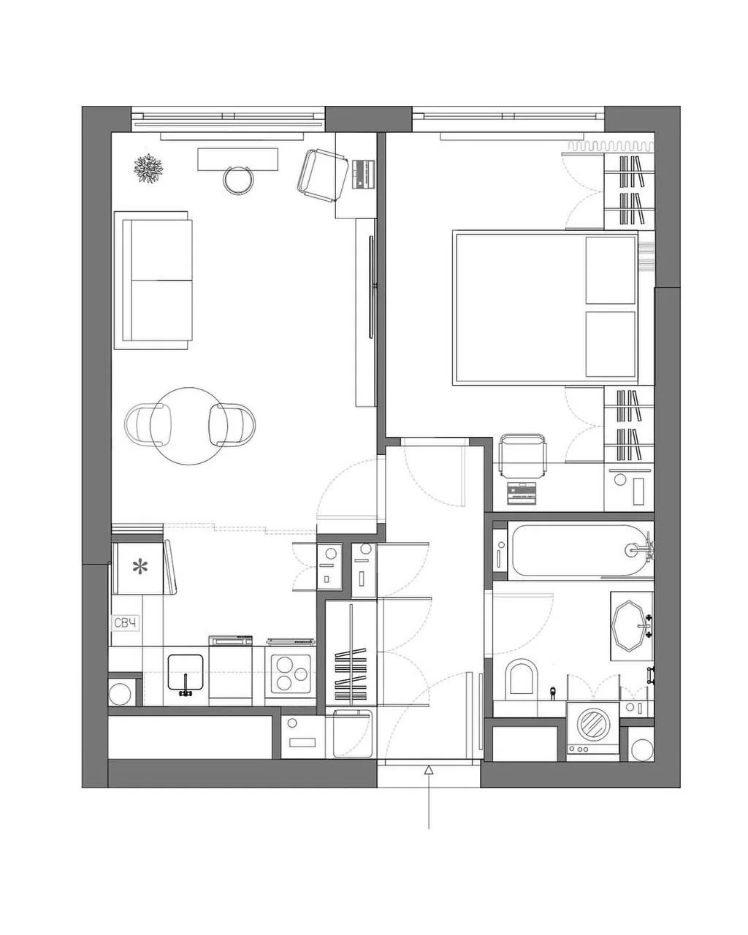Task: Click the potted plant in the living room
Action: point(148,169)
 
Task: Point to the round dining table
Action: point(188,426)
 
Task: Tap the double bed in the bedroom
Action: point(545,308)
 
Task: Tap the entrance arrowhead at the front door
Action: point(429,770)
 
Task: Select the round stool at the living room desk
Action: point(237,180)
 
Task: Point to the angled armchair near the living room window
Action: point(322,175)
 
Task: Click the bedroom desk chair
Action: point(521,457)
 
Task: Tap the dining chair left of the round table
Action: point(147,424)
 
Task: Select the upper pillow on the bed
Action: point(610,270)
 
